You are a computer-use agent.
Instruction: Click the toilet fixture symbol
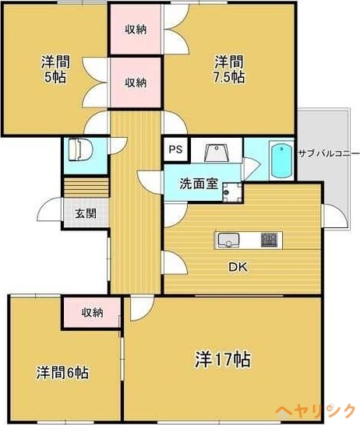[x=80, y=149]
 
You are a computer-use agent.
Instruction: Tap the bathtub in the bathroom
[x=281, y=160]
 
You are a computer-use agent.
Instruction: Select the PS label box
[x=176, y=149]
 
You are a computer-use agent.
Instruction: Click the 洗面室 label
[x=199, y=184]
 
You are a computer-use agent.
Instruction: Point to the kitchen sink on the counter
[x=228, y=241]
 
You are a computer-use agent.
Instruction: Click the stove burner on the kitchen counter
[x=269, y=240]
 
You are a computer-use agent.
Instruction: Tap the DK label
[x=238, y=267]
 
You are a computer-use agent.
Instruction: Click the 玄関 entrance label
[x=86, y=213]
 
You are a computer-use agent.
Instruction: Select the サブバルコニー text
[x=329, y=153]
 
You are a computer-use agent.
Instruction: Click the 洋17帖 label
[x=222, y=360]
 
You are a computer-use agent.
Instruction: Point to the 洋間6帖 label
[x=62, y=372]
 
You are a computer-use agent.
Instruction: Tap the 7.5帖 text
[x=229, y=77]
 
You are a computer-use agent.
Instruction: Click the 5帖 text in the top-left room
[x=55, y=77]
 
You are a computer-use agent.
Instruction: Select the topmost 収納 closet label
[x=136, y=30]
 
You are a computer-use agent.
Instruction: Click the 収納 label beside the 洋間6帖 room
[x=93, y=313]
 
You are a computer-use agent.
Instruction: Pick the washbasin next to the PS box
[x=216, y=152]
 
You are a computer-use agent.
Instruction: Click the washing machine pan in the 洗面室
[x=232, y=192]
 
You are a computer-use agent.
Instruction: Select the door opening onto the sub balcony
[x=335, y=216]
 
